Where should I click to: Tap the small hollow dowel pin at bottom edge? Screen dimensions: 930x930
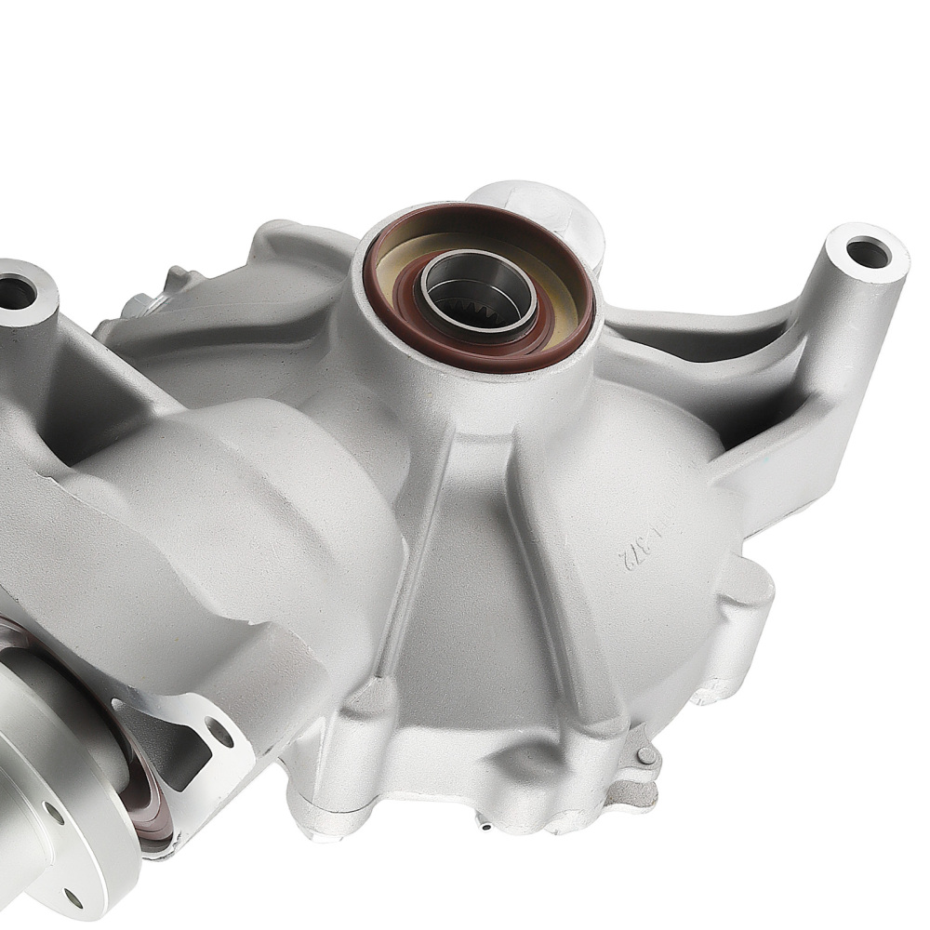pyautogui.click(x=485, y=824)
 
